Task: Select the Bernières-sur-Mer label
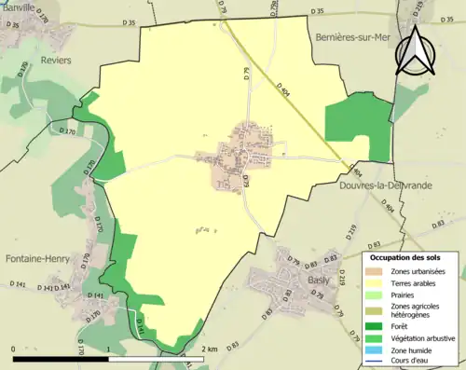[x=359, y=37]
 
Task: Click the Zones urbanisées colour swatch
[x=377, y=271]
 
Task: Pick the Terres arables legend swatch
[x=377, y=283]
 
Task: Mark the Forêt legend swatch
[x=377, y=326]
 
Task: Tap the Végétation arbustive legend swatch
[x=377, y=338]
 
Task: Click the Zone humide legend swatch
[x=377, y=350]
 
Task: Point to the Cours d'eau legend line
[x=377, y=362]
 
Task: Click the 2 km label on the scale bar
[x=210, y=349]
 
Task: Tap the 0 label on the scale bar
[x=15, y=349]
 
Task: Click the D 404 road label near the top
[x=285, y=87]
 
